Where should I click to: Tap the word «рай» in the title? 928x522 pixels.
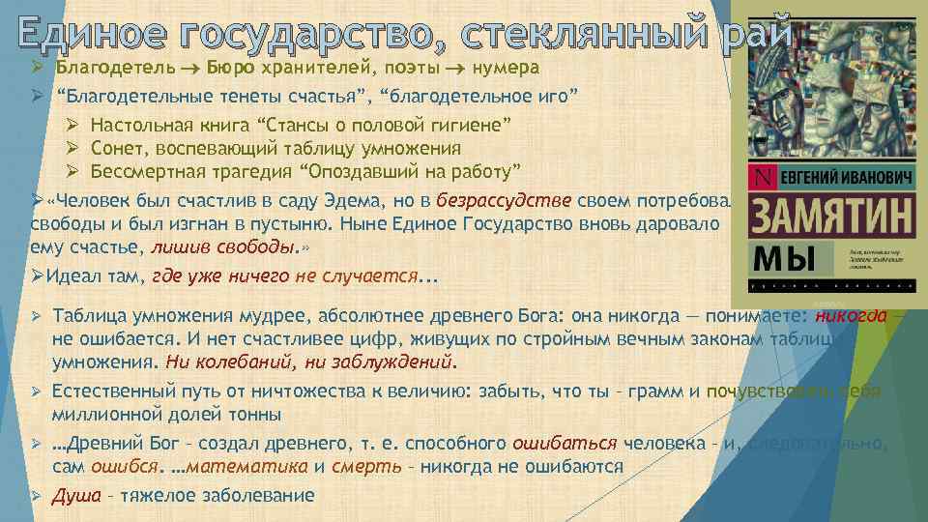coord(755,33)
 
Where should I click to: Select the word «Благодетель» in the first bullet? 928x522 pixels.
coord(115,70)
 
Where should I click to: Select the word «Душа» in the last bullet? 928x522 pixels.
coord(75,495)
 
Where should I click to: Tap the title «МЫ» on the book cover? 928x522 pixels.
coord(783,258)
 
